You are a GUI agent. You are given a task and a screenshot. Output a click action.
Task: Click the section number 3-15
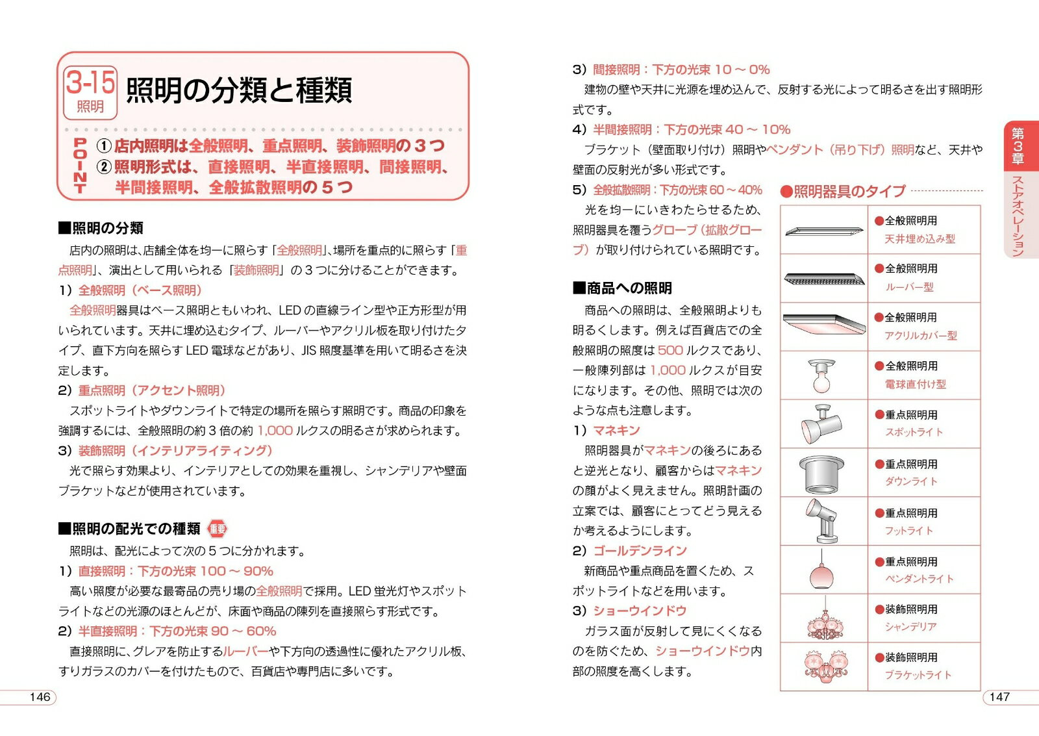[90, 82]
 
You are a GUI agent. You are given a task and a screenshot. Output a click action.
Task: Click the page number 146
[40, 697]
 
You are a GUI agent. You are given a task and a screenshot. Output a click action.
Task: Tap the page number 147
[999, 697]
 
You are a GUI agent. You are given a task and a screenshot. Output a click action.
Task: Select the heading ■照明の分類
[101, 228]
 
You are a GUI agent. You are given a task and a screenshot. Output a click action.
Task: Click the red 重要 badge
[218, 529]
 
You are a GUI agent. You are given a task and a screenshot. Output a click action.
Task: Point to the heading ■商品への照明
[622, 288]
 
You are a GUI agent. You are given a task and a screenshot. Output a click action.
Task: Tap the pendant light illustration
[822, 572]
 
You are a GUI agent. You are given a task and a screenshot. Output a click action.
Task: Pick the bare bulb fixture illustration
[822, 376]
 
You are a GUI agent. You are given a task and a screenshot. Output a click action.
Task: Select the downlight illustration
[822, 474]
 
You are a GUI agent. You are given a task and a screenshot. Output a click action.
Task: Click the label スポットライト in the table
[914, 432]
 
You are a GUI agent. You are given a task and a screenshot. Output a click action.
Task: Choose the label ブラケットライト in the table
[918, 675]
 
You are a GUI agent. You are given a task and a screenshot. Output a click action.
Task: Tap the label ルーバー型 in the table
[909, 286]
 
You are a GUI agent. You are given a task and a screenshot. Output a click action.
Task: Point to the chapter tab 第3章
[1018, 146]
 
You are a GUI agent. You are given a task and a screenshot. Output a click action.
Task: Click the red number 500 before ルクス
[670, 350]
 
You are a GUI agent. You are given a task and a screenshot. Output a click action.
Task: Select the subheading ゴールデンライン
[640, 551]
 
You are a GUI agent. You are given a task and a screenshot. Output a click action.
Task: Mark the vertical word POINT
[81, 166]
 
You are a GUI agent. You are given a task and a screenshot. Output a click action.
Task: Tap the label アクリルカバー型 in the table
[920, 335]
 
